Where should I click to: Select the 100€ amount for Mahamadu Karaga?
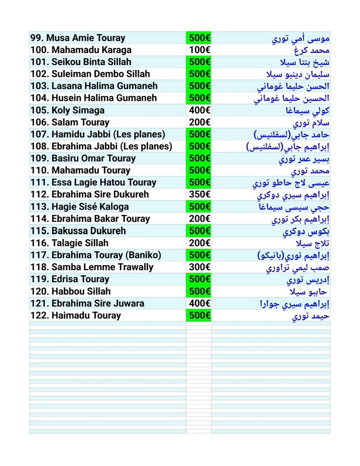[199, 50]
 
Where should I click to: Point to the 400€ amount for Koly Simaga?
[199, 110]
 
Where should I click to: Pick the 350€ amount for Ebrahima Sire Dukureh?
[199, 195]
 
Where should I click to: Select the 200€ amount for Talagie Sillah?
[199, 243]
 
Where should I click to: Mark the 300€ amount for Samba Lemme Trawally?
[199, 267]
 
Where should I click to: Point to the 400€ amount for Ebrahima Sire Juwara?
[199, 303]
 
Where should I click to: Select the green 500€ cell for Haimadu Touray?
[199, 315]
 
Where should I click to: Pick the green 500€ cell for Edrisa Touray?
[199, 279]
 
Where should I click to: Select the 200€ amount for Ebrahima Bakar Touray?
[199, 219]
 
